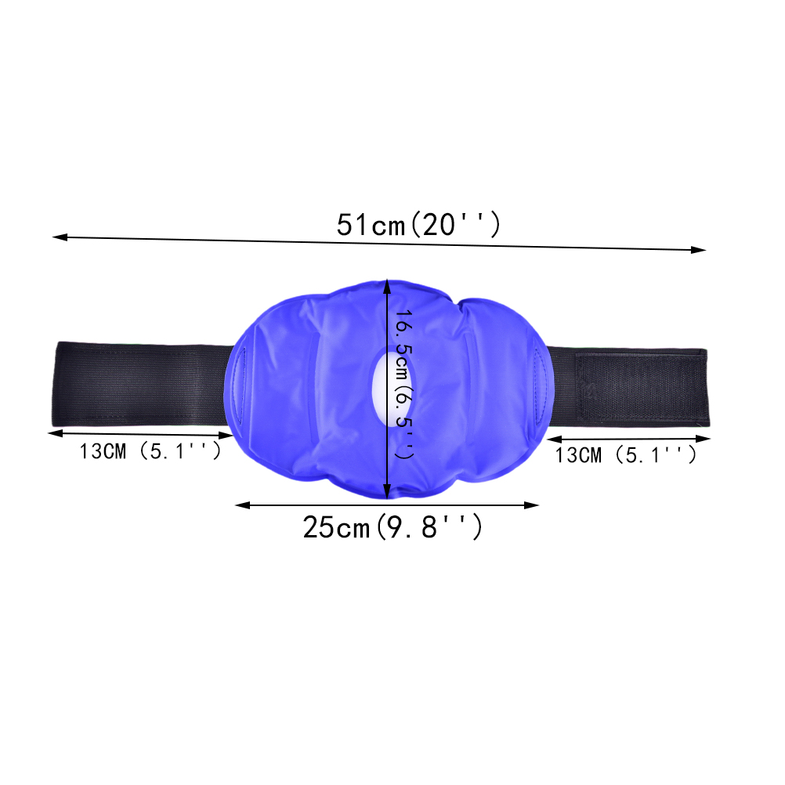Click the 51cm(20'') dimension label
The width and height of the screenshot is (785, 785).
click(x=418, y=224)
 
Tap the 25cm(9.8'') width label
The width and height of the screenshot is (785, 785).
click(x=392, y=526)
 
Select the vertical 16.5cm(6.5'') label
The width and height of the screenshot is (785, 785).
click(x=404, y=384)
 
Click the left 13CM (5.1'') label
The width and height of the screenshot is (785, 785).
click(x=150, y=451)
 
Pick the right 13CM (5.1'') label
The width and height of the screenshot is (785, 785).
click(x=626, y=455)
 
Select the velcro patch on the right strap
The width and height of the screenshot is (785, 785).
click(x=639, y=387)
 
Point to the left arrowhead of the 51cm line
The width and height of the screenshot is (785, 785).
click(x=60, y=237)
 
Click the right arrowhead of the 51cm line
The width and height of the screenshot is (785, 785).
click(x=698, y=249)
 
